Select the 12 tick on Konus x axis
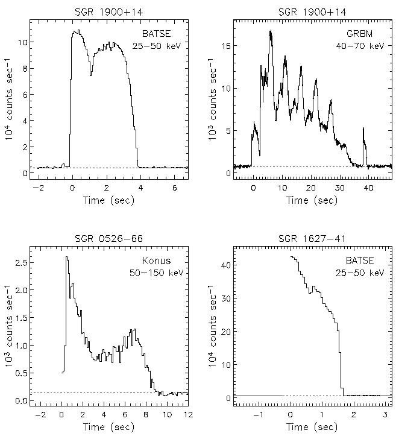[187, 415]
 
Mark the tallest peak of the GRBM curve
[271, 31]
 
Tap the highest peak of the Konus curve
[67, 257]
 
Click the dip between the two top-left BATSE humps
[90, 75]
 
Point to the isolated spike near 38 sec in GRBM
[364, 128]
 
